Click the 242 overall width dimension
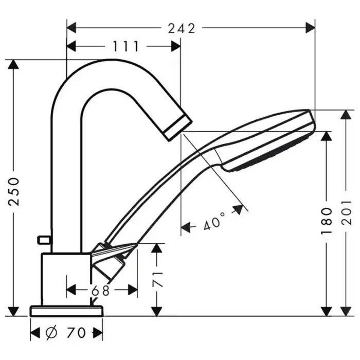tap(182, 28)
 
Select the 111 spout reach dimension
tap(126, 47)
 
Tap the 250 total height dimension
tap(13, 191)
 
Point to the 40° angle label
tap(214, 221)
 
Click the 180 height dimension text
tap(326, 221)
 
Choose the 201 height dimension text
tap(347, 212)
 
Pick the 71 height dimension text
tap(157, 279)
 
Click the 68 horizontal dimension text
tap(101, 291)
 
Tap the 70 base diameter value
tap(76, 332)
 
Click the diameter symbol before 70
tap(51, 332)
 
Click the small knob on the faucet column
tap(44, 240)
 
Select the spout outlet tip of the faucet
tap(178, 128)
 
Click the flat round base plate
tap(66, 311)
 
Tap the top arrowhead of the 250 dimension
tap(13, 64)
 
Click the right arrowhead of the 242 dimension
tap(310, 28)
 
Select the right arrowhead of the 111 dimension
tap(176, 46)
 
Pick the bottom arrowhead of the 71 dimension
tap(157, 311)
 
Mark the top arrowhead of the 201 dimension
tap(346, 115)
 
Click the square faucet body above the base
tap(66, 279)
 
